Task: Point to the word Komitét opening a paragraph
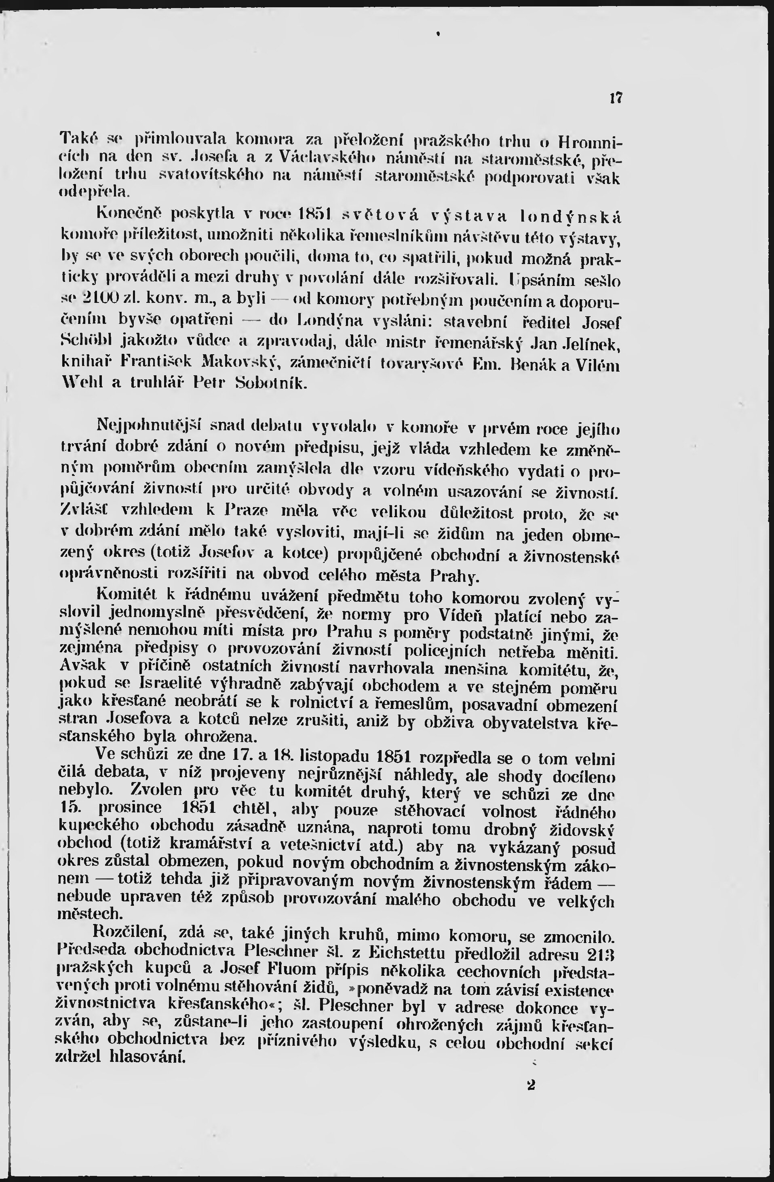click(126, 595)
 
